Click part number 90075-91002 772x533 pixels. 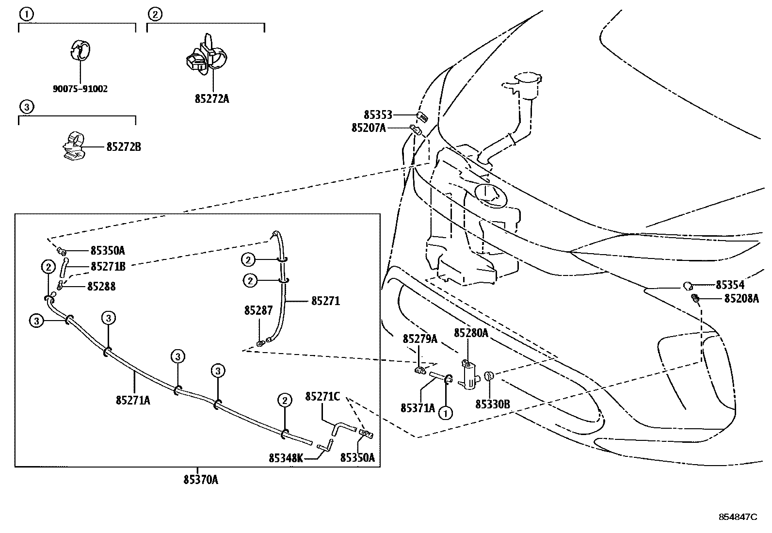pos(80,89)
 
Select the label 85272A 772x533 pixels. pos(212,99)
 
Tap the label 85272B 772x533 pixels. pos(124,146)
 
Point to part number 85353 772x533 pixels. pos(378,115)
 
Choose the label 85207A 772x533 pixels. pos(369,128)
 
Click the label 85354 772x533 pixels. pos(730,285)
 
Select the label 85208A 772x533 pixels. pos(741,299)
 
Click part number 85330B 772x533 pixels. pos(492,404)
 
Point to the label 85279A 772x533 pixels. pos(420,339)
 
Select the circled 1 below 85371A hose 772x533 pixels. pos(445,413)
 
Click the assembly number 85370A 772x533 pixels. pos(201,480)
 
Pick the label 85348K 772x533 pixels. pos(286,458)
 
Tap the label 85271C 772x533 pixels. pos(322,397)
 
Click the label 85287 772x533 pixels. pos(258,310)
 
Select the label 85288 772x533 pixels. pos(101,287)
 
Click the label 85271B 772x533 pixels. pos(108,266)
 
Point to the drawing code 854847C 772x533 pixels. pos(738,517)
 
